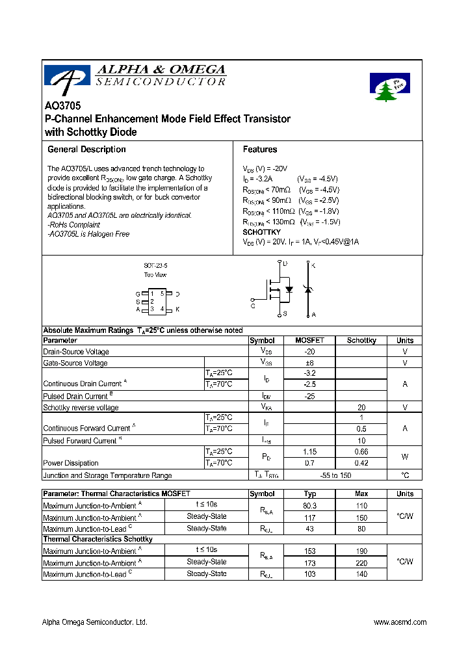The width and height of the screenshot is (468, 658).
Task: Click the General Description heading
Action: tap(86, 150)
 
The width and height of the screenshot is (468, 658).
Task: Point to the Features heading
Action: tap(260, 150)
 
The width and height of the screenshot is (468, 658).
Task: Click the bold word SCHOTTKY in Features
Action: tap(261, 232)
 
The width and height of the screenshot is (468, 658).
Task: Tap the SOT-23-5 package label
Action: tap(155, 266)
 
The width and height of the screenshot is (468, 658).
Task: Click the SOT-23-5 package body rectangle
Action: tap(157, 300)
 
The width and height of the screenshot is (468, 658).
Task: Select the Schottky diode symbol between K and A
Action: tap(307, 289)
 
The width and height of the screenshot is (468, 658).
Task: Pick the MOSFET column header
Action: tap(309, 340)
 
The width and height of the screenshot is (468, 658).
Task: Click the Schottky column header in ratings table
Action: tap(361, 340)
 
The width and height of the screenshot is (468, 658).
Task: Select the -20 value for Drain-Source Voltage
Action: tap(309, 351)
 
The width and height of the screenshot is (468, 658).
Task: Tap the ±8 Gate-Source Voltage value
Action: tap(309, 363)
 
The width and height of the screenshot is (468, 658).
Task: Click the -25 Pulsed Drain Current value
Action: tap(309, 396)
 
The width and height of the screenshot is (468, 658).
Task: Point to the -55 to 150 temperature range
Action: tap(335, 475)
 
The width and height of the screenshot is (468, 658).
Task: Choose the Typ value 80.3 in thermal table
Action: tap(309, 505)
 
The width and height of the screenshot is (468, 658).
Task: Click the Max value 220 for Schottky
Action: tap(361, 563)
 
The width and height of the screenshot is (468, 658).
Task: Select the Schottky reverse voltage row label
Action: tap(81, 408)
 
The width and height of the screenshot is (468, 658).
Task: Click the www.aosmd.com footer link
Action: tap(400, 622)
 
